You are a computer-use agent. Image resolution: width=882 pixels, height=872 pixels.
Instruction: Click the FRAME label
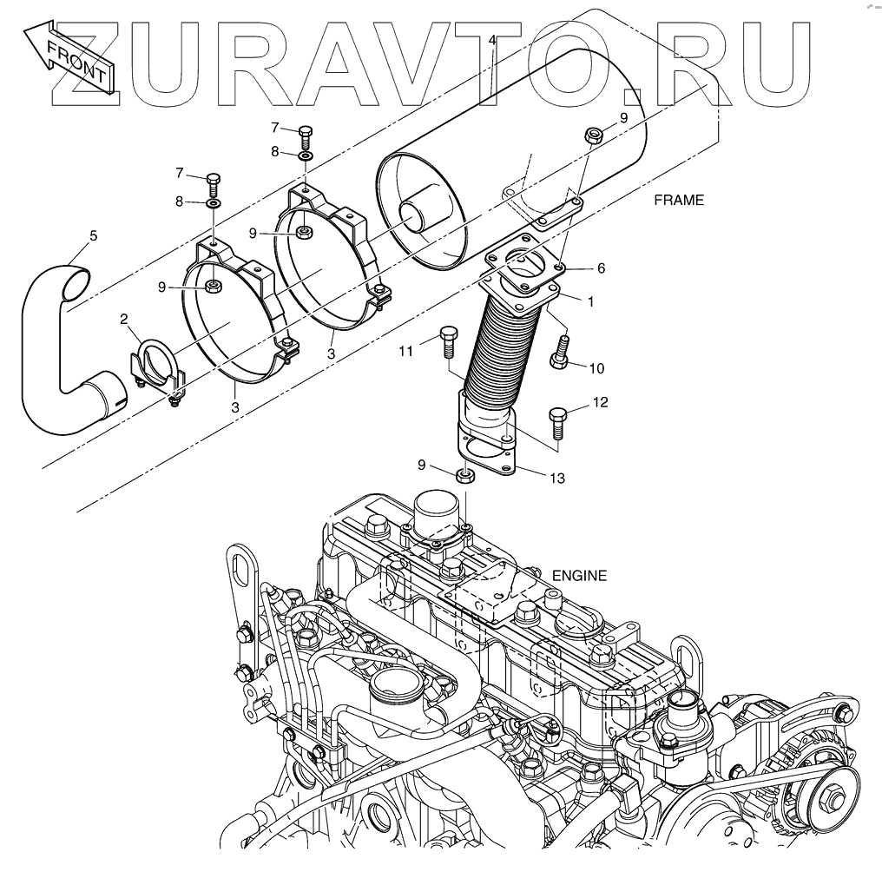point(679,200)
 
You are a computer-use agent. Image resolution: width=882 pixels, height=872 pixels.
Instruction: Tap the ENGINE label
point(579,575)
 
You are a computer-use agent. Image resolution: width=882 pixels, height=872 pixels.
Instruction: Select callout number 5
point(94,235)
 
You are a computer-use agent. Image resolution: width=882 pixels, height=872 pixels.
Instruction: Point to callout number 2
point(124,320)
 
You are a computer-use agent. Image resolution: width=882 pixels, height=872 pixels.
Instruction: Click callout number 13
point(556,478)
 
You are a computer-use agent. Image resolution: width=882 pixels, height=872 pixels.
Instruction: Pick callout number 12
point(600,402)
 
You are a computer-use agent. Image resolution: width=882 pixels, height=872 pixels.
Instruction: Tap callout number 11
point(405,351)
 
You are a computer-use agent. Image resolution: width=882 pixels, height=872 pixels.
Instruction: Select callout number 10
point(596,368)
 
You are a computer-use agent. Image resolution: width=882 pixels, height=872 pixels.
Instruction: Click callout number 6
point(601,268)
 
